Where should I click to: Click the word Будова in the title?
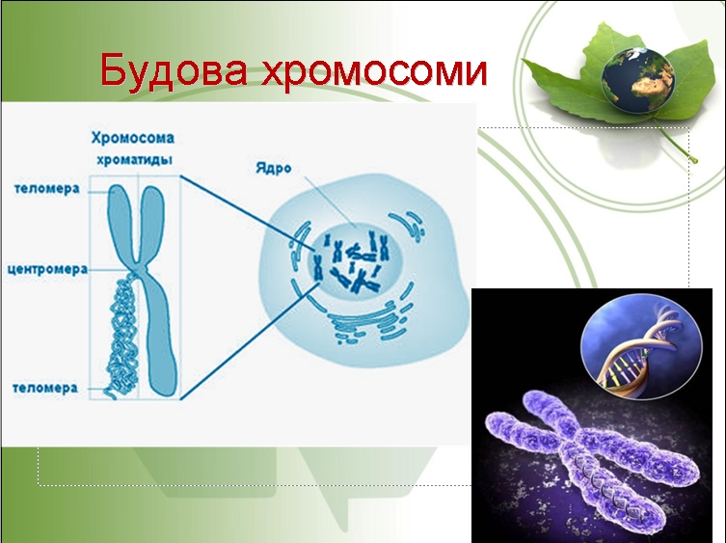[174, 69]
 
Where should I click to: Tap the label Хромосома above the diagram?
[132, 138]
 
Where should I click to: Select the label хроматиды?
[134, 159]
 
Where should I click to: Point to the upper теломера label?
[47, 189]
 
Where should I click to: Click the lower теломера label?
[45, 388]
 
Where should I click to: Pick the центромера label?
[47, 269]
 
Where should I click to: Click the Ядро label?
[273, 168]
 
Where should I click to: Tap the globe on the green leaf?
[637, 80]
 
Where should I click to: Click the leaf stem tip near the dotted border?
[693, 160]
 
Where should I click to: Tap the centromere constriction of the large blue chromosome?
[139, 269]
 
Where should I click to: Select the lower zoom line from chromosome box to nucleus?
[251, 340]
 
